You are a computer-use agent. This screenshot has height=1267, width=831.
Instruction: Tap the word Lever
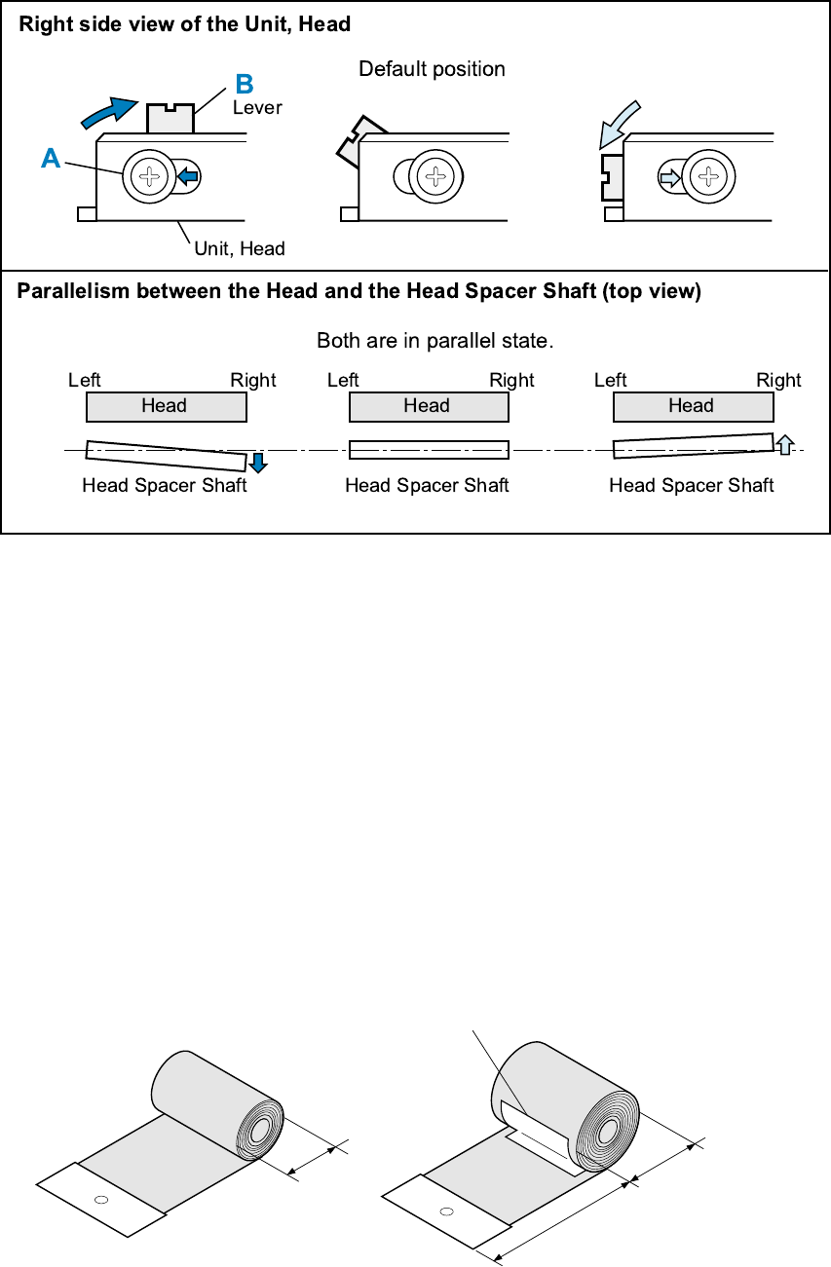[257, 108]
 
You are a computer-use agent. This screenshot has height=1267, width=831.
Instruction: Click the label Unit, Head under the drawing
[240, 248]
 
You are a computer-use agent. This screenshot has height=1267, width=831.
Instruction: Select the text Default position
[432, 69]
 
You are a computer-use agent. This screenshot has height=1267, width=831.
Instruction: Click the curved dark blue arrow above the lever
[107, 111]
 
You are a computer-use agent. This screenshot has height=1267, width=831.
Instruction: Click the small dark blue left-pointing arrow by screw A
[188, 176]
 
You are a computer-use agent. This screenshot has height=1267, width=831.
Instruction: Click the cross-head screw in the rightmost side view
[705, 177]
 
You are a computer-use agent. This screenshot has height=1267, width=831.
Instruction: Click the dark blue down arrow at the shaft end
[258, 463]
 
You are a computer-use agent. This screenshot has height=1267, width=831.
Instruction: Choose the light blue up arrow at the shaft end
[784, 443]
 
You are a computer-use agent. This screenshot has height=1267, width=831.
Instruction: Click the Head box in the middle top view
[428, 406]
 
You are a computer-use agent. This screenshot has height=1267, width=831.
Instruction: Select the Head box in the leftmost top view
[165, 406]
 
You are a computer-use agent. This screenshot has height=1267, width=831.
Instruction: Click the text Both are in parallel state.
[434, 341]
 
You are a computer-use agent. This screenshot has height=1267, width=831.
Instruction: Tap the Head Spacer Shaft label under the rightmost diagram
[691, 485]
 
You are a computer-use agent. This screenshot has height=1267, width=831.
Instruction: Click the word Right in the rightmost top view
[778, 380]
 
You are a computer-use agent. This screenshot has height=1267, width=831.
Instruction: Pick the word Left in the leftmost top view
[85, 380]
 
